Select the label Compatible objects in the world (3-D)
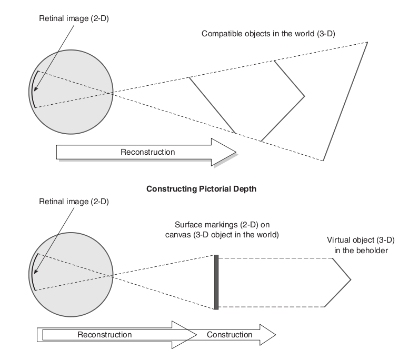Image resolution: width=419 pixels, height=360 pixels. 268,34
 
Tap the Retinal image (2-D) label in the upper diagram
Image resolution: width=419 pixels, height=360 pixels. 74,18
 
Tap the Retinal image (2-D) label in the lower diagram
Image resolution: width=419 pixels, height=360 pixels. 74,203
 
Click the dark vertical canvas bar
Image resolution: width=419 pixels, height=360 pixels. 216,282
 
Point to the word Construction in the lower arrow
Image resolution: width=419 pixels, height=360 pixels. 230,335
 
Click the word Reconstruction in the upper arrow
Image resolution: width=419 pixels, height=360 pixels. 147,152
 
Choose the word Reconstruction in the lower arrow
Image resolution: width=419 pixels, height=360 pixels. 104,335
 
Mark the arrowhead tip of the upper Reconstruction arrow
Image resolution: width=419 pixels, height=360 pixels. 236,152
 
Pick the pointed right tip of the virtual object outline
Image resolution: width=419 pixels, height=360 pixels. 350,279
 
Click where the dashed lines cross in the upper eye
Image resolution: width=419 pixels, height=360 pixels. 111,93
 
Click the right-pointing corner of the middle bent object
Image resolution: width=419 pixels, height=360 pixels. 305,96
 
